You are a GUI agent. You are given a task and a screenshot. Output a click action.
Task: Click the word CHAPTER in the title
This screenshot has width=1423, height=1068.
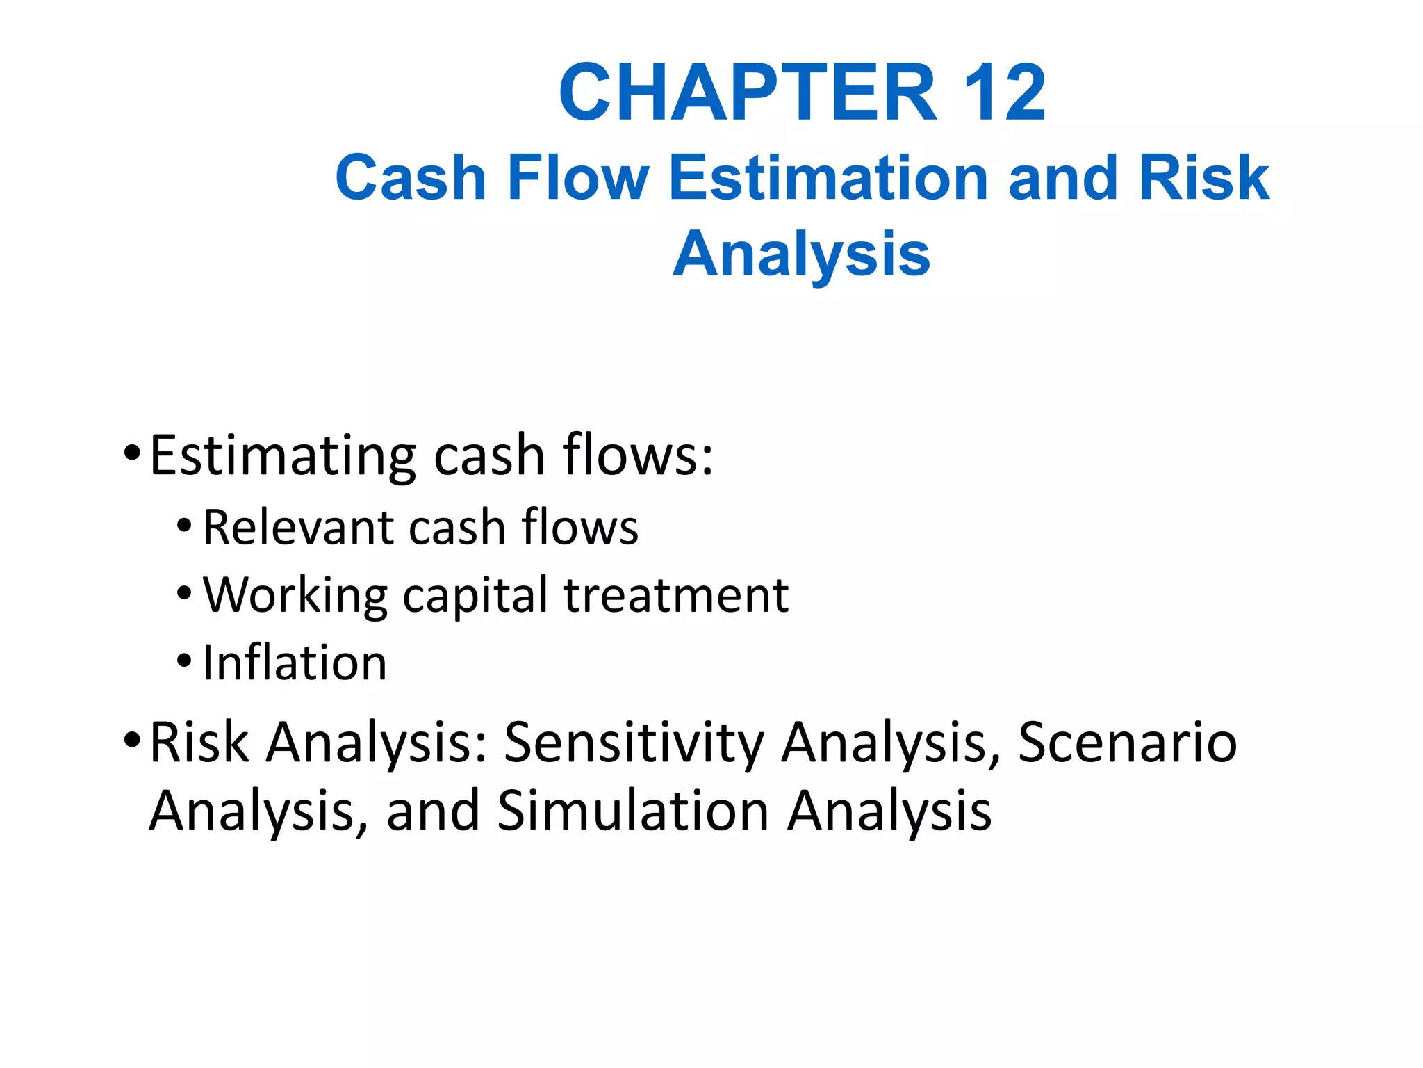click(x=748, y=92)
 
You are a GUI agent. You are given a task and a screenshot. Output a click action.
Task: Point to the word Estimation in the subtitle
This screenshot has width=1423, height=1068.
click(x=829, y=178)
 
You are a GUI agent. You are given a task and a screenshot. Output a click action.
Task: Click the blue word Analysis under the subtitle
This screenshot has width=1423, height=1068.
click(x=801, y=255)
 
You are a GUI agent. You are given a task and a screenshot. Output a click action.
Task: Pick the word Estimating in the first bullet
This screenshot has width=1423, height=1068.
click(x=283, y=456)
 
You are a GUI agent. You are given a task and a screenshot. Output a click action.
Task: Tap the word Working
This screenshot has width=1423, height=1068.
click(x=295, y=596)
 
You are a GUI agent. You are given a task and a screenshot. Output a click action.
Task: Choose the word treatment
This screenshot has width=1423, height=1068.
click(x=676, y=596)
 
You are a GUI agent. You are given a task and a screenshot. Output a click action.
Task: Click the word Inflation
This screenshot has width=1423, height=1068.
click(x=295, y=663)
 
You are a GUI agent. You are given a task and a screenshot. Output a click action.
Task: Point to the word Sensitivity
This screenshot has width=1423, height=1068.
click(x=634, y=743)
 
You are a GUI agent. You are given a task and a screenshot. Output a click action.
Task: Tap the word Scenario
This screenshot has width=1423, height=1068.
click(x=1127, y=742)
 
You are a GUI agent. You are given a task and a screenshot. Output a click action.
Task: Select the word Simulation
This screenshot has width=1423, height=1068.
click(x=633, y=810)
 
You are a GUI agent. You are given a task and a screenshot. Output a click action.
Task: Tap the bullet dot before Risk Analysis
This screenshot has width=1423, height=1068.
click(x=132, y=740)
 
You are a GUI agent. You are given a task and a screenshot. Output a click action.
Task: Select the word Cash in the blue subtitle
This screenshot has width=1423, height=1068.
click(x=411, y=178)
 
